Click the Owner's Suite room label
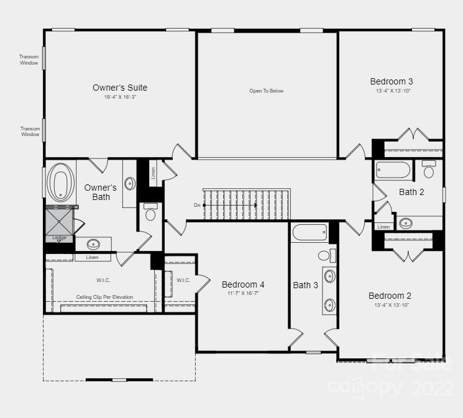(x=120, y=88)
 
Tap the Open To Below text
(x=266, y=91)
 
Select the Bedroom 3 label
(x=391, y=81)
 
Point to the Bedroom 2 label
(x=390, y=296)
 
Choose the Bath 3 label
(x=306, y=285)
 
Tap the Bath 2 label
(x=411, y=192)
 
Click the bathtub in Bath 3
(x=309, y=233)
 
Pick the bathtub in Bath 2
(x=393, y=170)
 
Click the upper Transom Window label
(x=29, y=60)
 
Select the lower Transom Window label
(x=30, y=132)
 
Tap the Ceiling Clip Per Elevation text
(x=104, y=297)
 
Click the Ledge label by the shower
(x=60, y=238)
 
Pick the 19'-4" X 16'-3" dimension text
(x=120, y=98)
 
